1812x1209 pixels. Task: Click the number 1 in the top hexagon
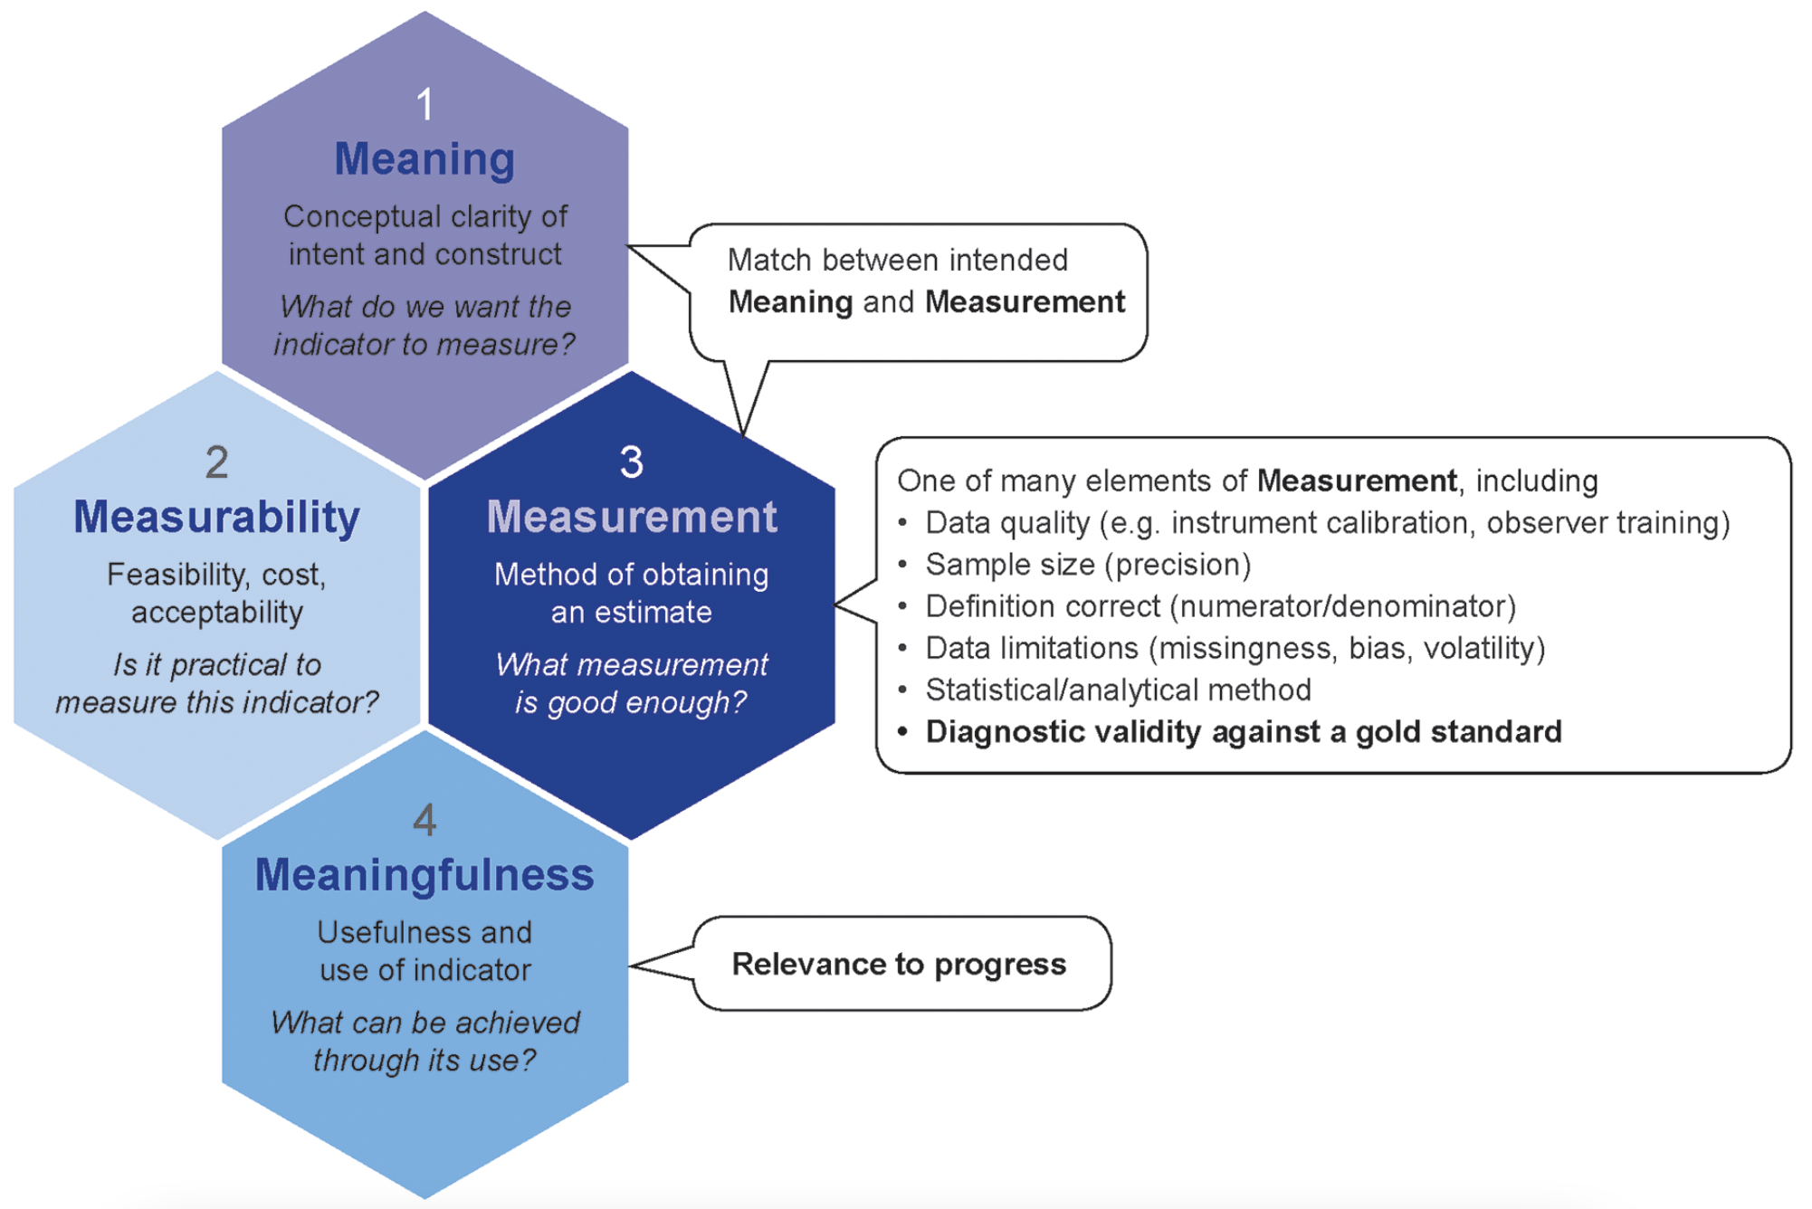[424, 105]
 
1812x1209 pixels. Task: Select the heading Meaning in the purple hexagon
[424, 159]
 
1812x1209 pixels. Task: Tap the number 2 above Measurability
[217, 462]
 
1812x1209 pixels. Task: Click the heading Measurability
[217, 518]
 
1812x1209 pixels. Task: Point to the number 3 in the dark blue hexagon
[632, 462]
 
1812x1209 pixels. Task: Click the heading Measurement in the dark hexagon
[632, 518]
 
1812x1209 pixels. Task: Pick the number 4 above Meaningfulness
[424, 820]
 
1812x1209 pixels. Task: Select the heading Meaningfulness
[424, 875]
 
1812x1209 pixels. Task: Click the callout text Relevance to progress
[899, 964]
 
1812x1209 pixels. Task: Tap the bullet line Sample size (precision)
[1088, 565]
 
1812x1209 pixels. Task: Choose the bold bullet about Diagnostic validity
[1243, 731]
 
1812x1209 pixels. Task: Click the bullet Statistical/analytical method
[1118, 690]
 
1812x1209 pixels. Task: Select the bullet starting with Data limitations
[1235, 648]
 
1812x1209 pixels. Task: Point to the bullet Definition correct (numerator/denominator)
[1220, 606]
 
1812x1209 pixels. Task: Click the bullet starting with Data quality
[1327, 523]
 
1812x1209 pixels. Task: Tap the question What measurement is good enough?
[632, 683]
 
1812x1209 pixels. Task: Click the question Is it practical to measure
[217, 683]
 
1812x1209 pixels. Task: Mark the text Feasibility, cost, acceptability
[217, 593]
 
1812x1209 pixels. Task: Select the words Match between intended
[898, 261]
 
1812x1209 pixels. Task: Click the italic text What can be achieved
[424, 1023]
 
